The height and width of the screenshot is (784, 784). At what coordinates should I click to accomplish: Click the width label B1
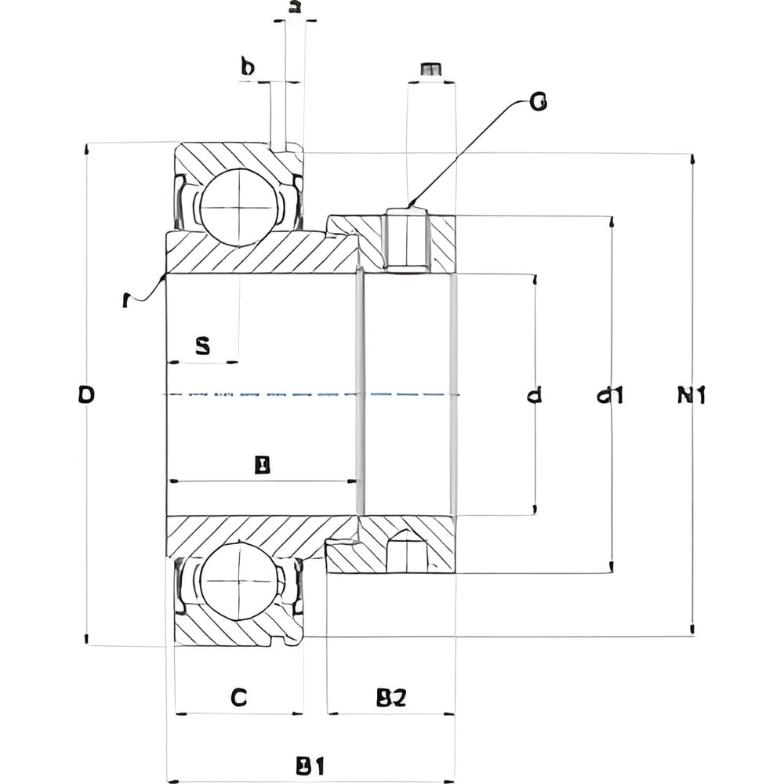pos(310,765)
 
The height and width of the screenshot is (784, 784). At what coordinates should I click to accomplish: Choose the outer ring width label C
pos(239,697)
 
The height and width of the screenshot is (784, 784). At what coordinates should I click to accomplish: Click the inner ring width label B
pos(263,466)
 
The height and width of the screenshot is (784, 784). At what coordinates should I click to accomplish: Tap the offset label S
pos(202,346)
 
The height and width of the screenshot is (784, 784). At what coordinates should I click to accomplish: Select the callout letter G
pos(538,101)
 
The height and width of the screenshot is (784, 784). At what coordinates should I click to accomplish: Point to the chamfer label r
pos(128,300)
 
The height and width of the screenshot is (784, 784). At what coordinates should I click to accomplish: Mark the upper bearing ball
pos(238,205)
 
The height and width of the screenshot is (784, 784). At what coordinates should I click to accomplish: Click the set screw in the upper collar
pos(406,239)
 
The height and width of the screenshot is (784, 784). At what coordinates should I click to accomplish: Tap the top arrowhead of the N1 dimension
pos(692,159)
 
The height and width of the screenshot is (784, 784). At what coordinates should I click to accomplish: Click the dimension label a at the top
pos(295,8)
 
